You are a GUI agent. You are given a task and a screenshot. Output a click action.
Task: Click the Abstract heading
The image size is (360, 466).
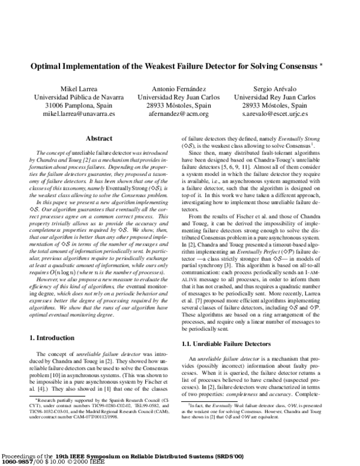coord(100,138)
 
